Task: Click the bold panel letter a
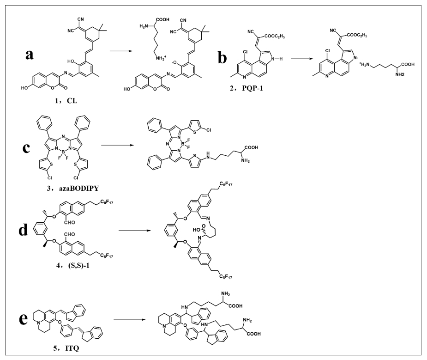[x=30, y=55]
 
